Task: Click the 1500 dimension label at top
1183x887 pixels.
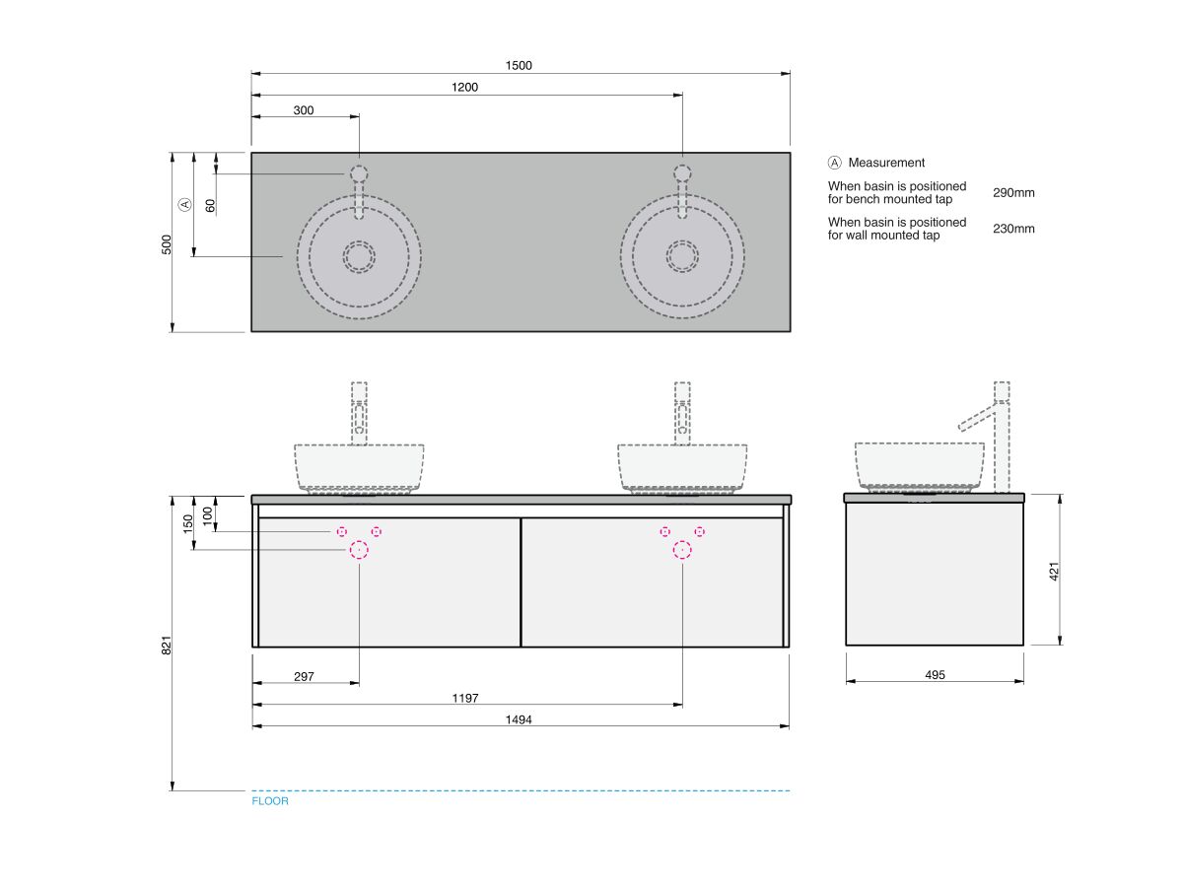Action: coord(519,66)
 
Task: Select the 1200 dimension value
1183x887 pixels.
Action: coord(465,88)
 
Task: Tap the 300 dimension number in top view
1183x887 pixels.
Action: coord(304,110)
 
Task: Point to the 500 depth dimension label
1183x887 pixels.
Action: coord(167,243)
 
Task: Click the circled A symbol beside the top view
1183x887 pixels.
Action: coord(184,205)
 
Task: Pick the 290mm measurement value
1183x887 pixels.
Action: coord(1013,193)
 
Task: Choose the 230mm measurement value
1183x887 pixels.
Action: coord(1013,229)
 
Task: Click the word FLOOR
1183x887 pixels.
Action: coord(270,801)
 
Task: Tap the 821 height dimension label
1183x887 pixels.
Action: coord(167,645)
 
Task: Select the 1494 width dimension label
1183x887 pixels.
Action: coord(519,719)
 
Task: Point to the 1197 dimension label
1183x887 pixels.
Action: coord(465,698)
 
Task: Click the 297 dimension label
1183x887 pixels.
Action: coord(304,676)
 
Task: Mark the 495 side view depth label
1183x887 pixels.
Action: coord(935,675)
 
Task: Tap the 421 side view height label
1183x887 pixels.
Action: coord(1054,571)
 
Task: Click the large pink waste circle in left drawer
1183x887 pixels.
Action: coord(359,550)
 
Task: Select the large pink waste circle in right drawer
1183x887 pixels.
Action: coord(682,550)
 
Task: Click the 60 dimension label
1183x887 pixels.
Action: coord(210,205)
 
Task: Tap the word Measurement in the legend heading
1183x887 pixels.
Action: coord(886,163)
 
